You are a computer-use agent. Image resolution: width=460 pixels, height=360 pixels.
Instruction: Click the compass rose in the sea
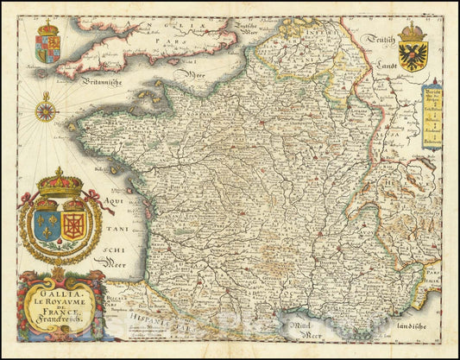point(47,111)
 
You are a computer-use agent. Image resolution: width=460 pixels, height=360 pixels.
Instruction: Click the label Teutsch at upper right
point(378,37)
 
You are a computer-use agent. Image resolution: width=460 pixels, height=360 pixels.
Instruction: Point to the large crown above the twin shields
point(60,184)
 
